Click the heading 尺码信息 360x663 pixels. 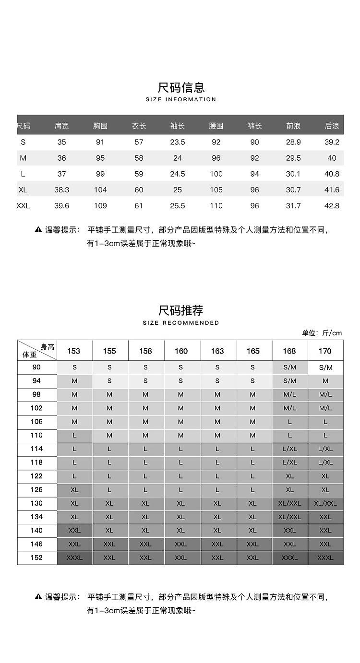pyautogui.click(x=181, y=87)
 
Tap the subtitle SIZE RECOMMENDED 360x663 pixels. pyautogui.click(x=181, y=323)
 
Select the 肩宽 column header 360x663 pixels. pyautogui.click(x=61, y=126)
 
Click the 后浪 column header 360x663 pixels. pyautogui.click(x=332, y=126)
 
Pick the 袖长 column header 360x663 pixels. pyautogui.click(x=178, y=126)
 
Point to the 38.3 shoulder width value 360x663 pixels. pyautogui.click(x=61, y=189)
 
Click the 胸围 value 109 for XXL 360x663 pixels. pyautogui.click(x=100, y=206)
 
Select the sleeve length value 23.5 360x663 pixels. pyautogui.click(x=178, y=142)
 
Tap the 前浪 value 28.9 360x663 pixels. pyautogui.click(x=293, y=142)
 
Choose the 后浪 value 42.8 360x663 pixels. pyautogui.click(x=332, y=206)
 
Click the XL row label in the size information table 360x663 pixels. pyautogui.click(x=23, y=189)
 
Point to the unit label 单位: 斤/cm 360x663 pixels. pyautogui.click(x=322, y=333)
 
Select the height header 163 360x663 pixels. pyautogui.click(x=217, y=351)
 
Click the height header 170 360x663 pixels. pyautogui.click(x=325, y=351)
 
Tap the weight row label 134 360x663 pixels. pyautogui.click(x=37, y=517)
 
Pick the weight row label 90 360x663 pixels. pyautogui.click(x=37, y=367)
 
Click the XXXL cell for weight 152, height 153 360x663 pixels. pyautogui.click(x=74, y=558)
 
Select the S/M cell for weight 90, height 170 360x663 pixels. pyautogui.click(x=325, y=367)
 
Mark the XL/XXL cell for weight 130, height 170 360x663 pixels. pyautogui.click(x=325, y=503)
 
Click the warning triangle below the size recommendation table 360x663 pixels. pyautogui.click(x=38, y=597)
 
